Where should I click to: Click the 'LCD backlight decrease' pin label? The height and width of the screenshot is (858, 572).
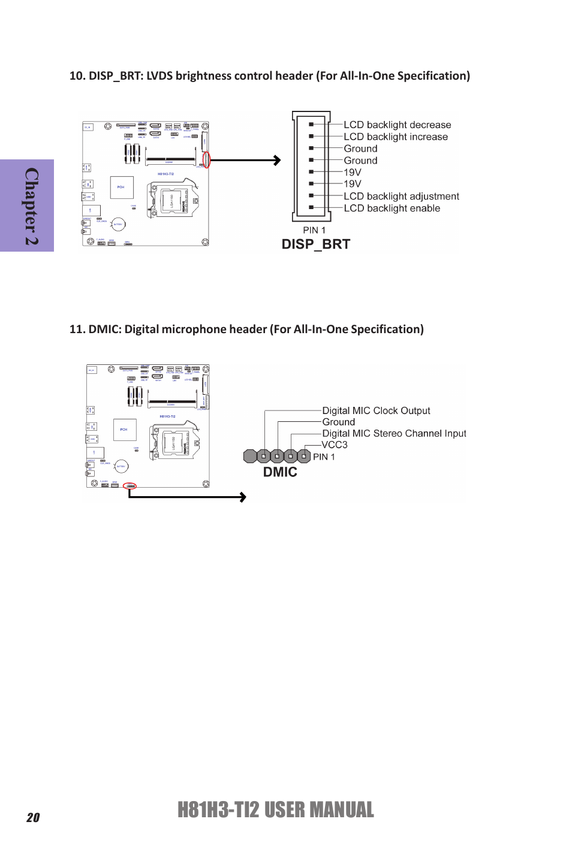pos(397,125)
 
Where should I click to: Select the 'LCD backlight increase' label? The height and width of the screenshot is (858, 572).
pos(396,137)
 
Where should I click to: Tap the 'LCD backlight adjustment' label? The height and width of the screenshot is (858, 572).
pos(401,196)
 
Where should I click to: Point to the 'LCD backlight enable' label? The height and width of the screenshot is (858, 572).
pos(392,208)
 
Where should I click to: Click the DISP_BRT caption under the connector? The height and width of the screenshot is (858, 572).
pos(315,244)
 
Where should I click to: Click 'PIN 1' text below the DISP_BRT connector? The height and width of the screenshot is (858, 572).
pos(314,230)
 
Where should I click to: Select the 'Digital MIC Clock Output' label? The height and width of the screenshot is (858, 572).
pos(376,410)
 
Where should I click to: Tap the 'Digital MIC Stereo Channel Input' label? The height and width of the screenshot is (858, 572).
pos(394,433)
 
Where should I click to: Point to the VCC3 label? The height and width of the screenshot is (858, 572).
pos(335,445)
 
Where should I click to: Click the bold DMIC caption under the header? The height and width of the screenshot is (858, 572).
pos(280,472)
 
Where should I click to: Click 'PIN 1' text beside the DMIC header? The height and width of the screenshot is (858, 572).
pos(324,457)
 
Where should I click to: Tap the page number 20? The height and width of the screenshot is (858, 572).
pos(33,817)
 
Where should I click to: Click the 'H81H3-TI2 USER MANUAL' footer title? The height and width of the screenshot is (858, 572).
pos(275,809)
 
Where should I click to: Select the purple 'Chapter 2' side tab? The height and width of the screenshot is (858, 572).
pos(28,206)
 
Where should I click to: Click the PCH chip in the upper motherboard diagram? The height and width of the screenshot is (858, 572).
pos(121,187)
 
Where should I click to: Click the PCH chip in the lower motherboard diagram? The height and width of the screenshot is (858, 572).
pos(124,429)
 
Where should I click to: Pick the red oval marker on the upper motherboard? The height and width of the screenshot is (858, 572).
pos(207,160)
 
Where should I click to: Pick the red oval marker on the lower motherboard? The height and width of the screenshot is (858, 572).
pos(130,486)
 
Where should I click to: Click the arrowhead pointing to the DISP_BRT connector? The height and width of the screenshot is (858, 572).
pos(277,160)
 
